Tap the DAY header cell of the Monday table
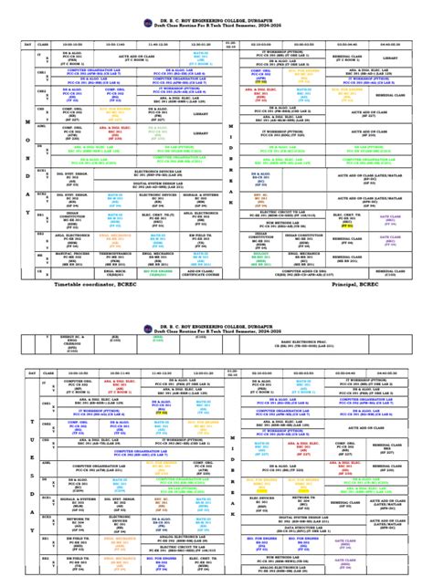(x=28, y=44)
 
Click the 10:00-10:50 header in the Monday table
(x=73, y=44)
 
